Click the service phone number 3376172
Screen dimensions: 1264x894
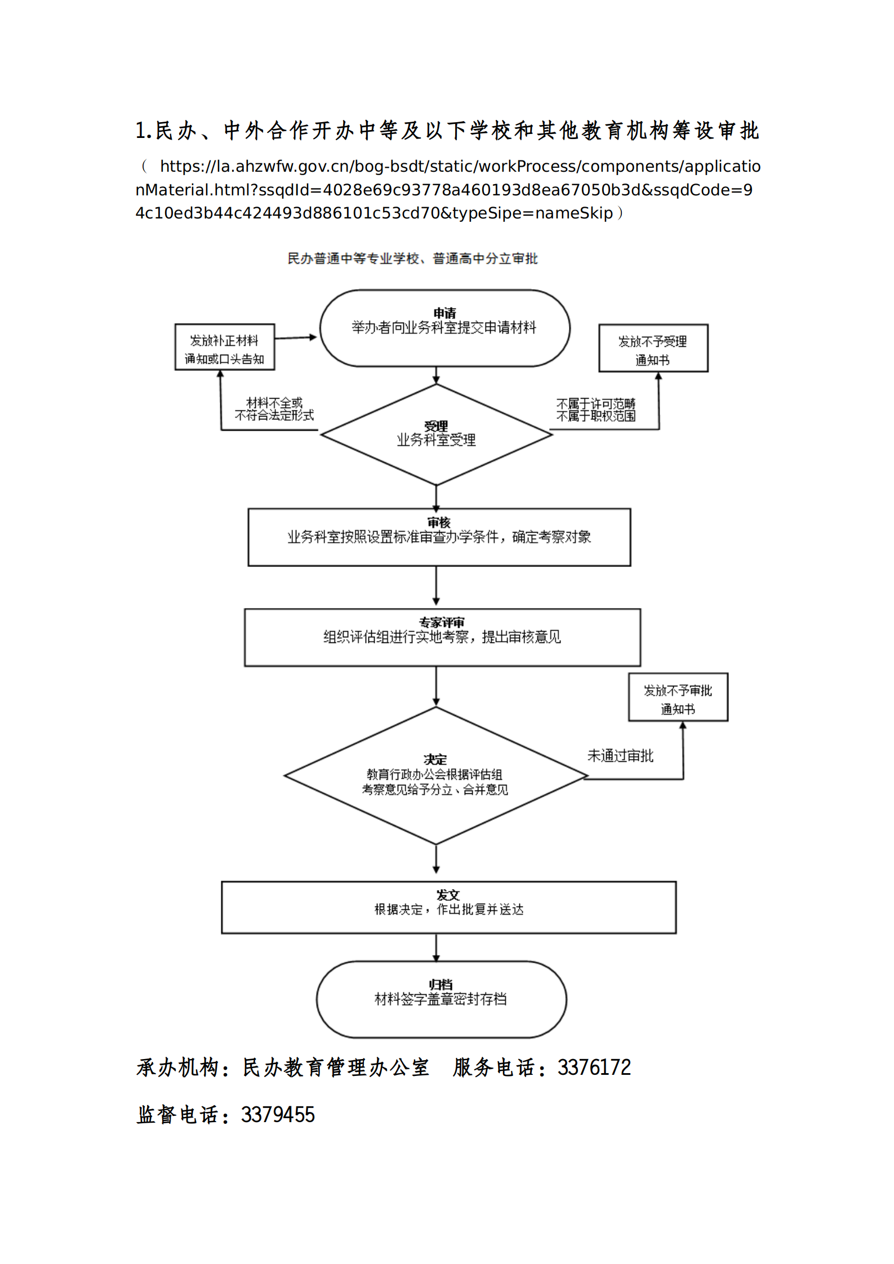click(x=594, y=1068)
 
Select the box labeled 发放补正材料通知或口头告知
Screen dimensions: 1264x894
click(x=224, y=347)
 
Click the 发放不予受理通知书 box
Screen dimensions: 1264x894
click(x=653, y=349)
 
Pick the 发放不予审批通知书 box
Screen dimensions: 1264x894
click(x=678, y=697)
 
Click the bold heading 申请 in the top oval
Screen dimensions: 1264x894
click(x=444, y=313)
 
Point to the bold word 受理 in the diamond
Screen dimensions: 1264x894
click(x=436, y=426)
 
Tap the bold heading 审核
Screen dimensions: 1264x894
click(x=439, y=523)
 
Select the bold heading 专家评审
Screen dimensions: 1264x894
click(x=442, y=623)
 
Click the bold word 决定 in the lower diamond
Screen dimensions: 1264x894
click(x=435, y=760)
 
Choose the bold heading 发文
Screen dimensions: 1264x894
click(x=448, y=895)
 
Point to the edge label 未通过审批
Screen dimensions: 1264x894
click(x=620, y=756)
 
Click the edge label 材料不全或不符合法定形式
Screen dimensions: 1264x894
click(x=274, y=409)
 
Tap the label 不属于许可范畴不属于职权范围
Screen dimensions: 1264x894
click(x=596, y=410)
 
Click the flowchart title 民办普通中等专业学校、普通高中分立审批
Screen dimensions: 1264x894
click(x=412, y=258)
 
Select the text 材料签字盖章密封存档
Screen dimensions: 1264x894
click(x=441, y=999)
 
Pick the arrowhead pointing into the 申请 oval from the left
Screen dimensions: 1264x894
click(x=313, y=337)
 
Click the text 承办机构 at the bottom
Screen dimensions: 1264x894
click(x=177, y=1068)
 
